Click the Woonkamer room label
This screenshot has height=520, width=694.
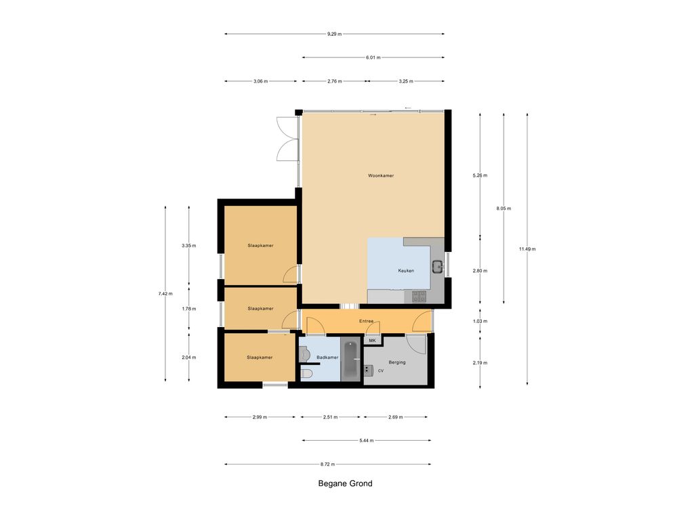tap(381, 175)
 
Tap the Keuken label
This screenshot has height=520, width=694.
tap(406, 271)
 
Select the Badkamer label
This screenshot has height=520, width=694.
tap(327, 357)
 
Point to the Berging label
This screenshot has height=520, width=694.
tap(397, 362)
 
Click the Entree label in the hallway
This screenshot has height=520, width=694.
tap(367, 321)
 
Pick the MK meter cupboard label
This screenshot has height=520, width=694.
tap(372, 341)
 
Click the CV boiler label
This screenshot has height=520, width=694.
tap(381, 370)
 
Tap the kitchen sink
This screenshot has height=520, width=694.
tap(437, 267)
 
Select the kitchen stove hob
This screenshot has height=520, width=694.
tap(419, 297)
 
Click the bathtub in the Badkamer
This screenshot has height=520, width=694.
tap(352, 360)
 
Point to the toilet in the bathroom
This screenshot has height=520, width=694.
tap(306, 374)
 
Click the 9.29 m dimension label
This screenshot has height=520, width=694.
tap(335, 34)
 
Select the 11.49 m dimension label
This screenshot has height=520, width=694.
tap(527, 249)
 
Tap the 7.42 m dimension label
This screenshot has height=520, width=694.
tap(165, 293)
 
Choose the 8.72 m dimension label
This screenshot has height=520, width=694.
tap(327, 464)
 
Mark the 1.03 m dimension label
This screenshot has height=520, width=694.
tap(481, 321)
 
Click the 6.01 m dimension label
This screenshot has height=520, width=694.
tap(373, 58)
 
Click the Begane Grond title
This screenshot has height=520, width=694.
tap(345, 483)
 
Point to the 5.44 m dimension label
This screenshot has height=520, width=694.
tap(367, 440)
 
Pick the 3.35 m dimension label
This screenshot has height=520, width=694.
tap(189, 245)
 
